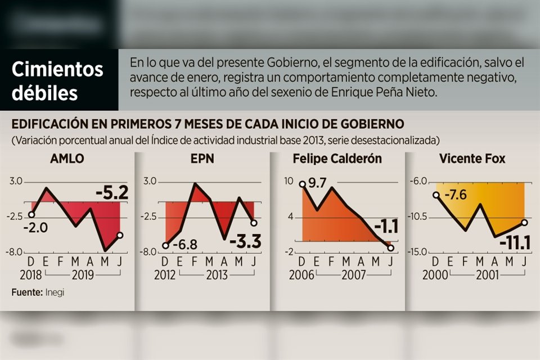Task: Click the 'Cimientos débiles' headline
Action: [x=58, y=81]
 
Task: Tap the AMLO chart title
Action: [x=67, y=159]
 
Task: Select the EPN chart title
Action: [x=202, y=159]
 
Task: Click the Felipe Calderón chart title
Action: [x=337, y=159]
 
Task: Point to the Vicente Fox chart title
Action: [x=472, y=159]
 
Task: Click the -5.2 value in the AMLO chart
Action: [x=112, y=193]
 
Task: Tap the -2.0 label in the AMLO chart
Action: [x=35, y=227]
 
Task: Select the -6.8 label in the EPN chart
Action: [x=184, y=245]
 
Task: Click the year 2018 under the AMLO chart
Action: [x=31, y=275]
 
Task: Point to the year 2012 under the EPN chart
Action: [x=165, y=275]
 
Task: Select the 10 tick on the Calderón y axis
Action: [x=289, y=181]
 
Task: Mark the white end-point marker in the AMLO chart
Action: [x=120, y=235]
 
